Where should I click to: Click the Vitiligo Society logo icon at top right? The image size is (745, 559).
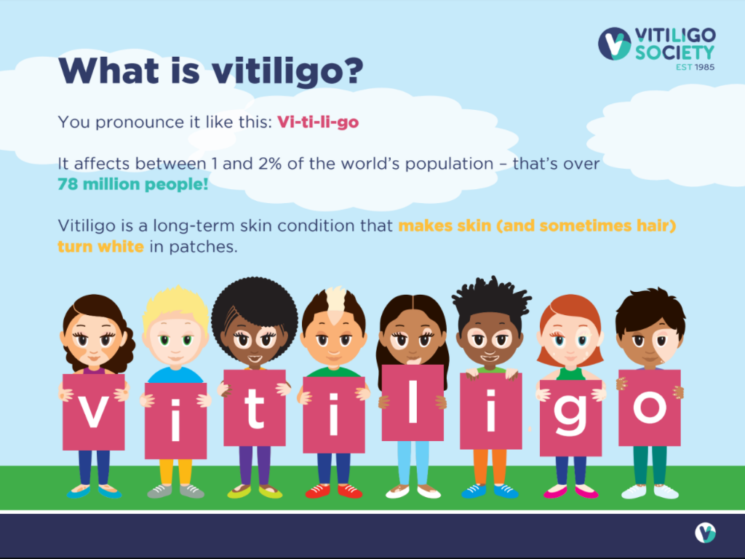[614, 43]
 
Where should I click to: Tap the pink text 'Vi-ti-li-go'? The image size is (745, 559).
[318, 122]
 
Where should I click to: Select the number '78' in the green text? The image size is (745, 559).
[68, 184]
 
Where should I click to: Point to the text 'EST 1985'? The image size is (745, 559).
[695, 67]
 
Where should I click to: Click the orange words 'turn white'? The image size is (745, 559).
[100, 246]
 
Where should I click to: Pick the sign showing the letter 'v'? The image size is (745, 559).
[94, 412]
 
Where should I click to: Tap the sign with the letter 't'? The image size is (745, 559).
[255, 408]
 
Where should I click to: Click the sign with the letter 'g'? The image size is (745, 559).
[570, 418]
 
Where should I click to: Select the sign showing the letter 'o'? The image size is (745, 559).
[650, 408]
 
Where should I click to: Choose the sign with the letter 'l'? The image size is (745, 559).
[413, 403]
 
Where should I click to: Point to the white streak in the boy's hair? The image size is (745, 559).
[336, 304]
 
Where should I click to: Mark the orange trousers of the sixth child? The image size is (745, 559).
[490, 467]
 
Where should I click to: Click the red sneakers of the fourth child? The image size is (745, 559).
[333, 491]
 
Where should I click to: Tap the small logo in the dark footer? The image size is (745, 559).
[705, 533]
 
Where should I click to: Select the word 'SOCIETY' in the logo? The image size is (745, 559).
[674, 52]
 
